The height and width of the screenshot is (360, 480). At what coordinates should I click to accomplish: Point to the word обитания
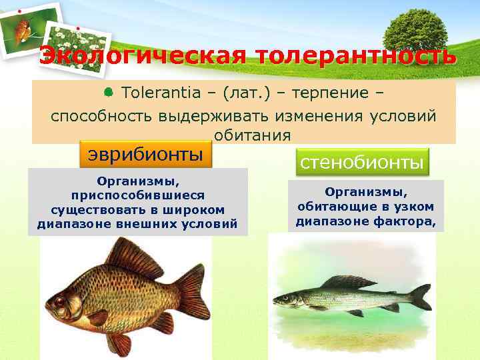253,135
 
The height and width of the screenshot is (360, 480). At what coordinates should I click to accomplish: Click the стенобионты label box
361,162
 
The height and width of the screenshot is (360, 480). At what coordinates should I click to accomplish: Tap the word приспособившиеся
138,195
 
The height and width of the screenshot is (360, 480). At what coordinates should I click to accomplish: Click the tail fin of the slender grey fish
420,297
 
